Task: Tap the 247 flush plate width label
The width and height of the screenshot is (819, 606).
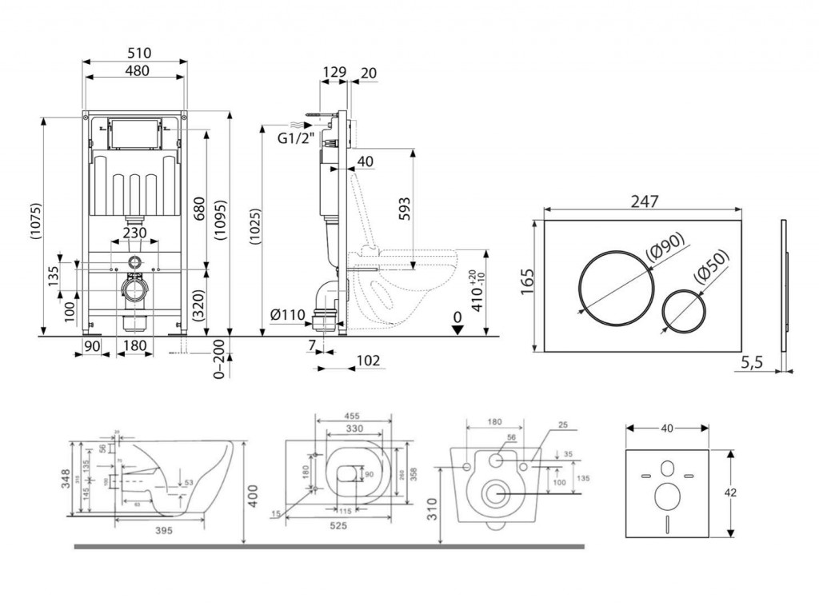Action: (x=644, y=201)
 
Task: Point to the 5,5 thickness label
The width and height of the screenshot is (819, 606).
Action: (x=753, y=362)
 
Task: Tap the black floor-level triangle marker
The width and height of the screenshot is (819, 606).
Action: (x=457, y=330)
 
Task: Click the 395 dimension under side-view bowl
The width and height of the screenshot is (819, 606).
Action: (x=165, y=530)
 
